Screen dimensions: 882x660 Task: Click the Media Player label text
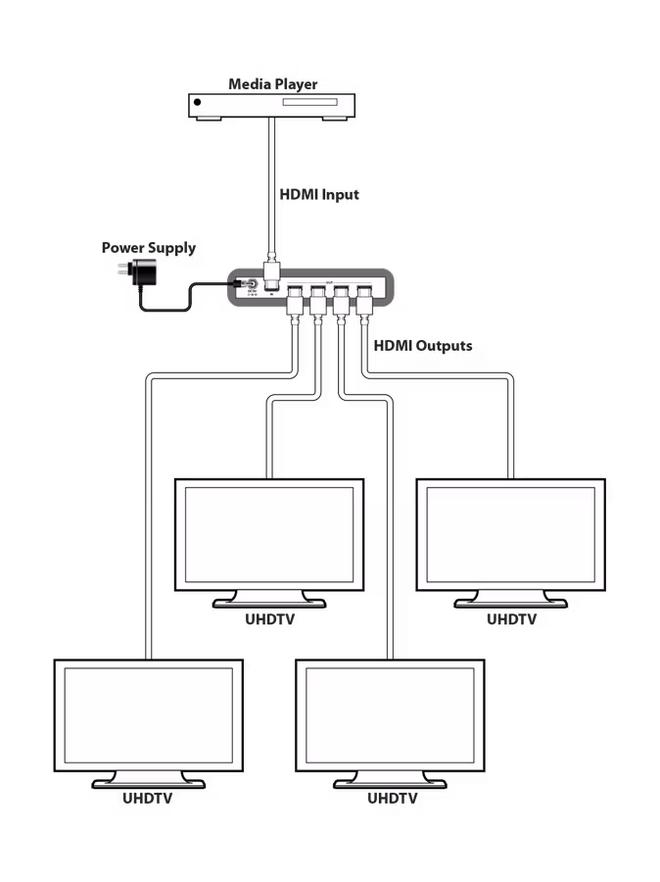pos(273,84)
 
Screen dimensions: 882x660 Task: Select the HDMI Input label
pos(319,194)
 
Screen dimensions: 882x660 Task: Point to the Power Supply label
pos(149,248)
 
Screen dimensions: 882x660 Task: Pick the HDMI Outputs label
pos(423,345)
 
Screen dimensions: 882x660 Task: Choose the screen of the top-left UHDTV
pos(269,535)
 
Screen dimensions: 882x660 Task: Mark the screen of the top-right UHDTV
pos(510,535)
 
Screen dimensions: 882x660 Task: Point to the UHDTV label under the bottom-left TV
pos(148,799)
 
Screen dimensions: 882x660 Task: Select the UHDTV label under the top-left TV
pos(269,619)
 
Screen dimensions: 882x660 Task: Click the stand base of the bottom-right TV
pos(390,782)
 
